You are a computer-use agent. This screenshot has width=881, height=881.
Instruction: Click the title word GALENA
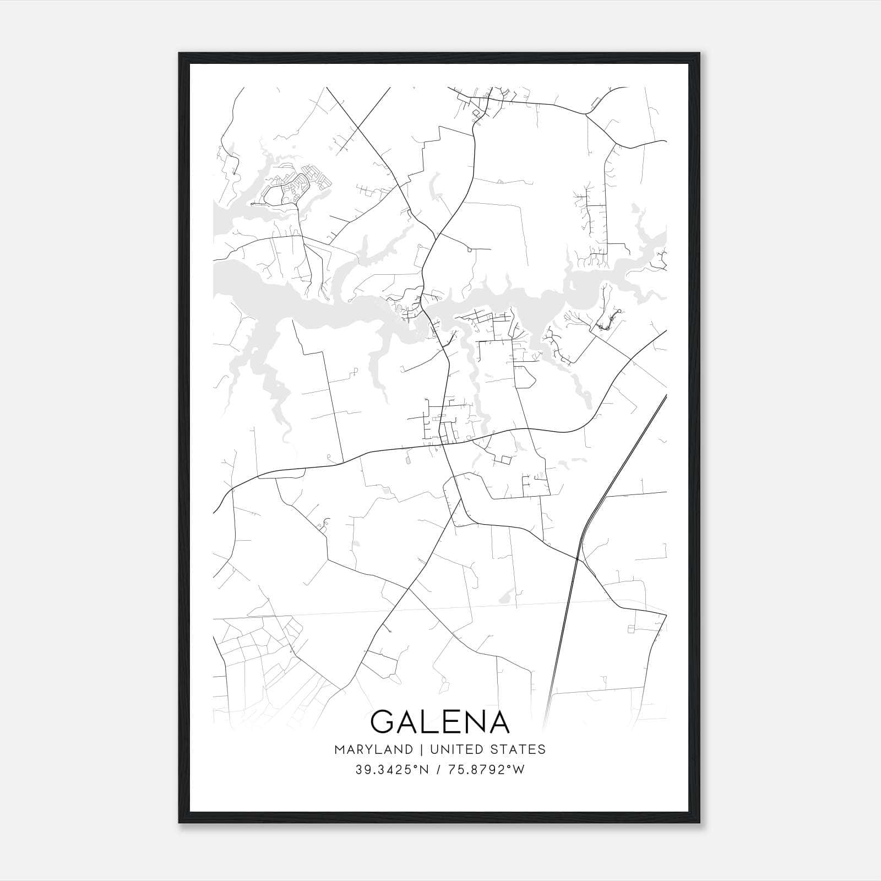(440, 721)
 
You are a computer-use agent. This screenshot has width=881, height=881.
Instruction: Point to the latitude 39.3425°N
(391, 770)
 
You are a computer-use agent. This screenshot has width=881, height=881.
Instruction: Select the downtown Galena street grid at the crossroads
(443, 424)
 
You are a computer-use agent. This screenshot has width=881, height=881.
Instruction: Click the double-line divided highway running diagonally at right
(622, 468)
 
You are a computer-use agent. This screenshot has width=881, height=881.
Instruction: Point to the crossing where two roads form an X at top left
(358, 128)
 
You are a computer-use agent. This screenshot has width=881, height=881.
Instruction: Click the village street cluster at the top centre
(485, 102)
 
